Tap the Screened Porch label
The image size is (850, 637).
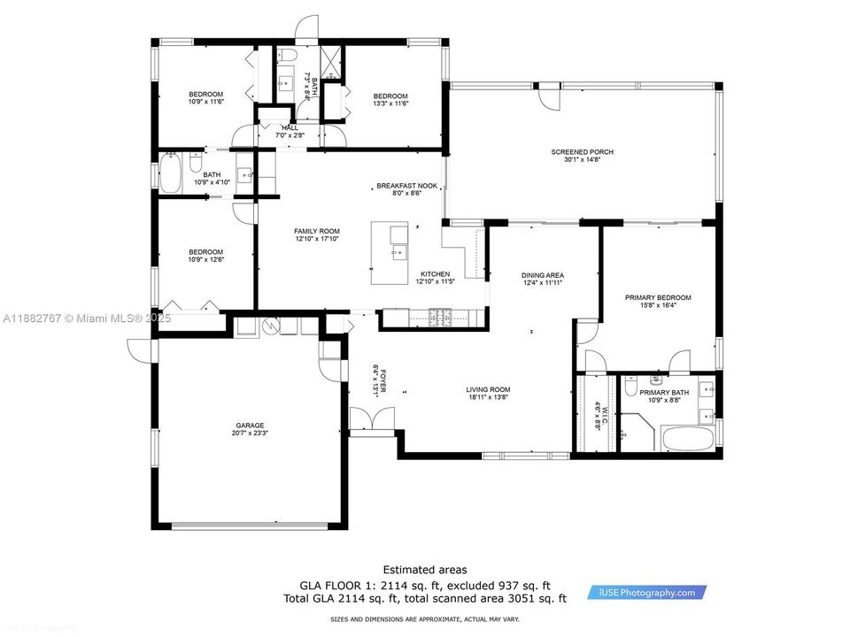coord(582,152)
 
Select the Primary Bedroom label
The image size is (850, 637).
coord(657,298)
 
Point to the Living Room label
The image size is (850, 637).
coord(488,389)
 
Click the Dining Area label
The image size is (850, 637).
coord(542,275)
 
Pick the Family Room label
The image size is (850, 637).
coord(317,231)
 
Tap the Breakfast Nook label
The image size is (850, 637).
coord(403,186)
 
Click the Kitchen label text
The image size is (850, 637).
coord(435,274)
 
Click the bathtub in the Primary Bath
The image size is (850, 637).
coord(687,440)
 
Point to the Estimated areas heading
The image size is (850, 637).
coord(425,570)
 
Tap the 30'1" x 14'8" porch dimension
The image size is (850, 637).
coord(582,160)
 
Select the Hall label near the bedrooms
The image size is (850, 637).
coord(290,127)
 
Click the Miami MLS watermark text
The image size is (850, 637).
coord(87,318)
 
